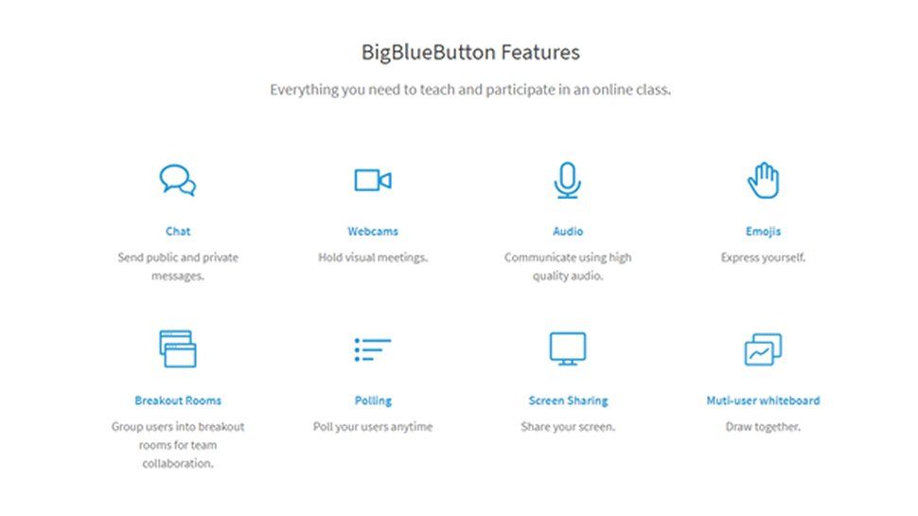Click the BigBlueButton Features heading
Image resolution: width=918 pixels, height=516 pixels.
[x=470, y=52]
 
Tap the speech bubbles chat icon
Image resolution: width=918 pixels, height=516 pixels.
[x=178, y=180]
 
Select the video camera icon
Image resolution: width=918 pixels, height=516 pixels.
[x=373, y=180]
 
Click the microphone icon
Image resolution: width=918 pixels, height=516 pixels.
[x=568, y=180]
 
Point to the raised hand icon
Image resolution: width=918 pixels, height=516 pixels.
[x=763, y=180]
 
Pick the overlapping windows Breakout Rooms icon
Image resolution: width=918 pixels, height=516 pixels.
[x=178, y=348]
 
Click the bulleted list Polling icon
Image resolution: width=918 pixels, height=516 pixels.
[x=373, y=349]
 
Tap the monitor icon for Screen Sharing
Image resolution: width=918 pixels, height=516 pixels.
[x=568, y=348]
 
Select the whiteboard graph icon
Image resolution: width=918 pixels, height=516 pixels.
[x=763, y=349]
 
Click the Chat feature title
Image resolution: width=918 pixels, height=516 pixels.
[x=178, y=231]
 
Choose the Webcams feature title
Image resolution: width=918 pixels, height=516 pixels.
[x=373, y=231]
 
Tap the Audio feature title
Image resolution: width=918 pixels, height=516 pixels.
[x=568, y=231]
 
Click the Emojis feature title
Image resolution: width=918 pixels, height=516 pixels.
[x=763, y=231]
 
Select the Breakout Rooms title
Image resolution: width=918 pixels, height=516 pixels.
[x=178, y=400]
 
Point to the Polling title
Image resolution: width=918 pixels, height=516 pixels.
[x=373, y=400]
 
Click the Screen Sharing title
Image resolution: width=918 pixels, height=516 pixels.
[x=568, y=400]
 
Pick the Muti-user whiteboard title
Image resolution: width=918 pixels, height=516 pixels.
[x=763, y=400]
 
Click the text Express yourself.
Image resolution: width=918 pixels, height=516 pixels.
[x=763, y=258]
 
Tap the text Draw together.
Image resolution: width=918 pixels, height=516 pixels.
[x=763, y=427]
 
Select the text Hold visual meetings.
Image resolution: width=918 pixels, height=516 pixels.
[x=373, y=258]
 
